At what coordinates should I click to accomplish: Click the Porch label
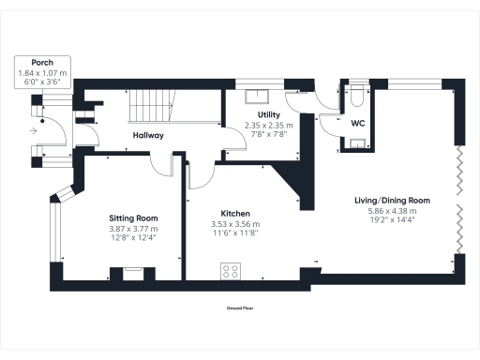[x=41, y=64]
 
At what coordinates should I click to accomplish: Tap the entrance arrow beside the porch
[x=35, y=131]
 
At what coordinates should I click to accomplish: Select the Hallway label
[x=148, y=136]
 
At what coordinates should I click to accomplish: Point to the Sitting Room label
[x=132, y=217]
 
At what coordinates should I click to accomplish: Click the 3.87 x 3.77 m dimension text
[x=133, y=229]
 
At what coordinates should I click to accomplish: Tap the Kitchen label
[x=236, y=213]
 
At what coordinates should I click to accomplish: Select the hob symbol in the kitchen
[x=231, y=271]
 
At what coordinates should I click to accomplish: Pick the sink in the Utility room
[x=255, y=95]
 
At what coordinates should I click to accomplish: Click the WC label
[x=358, y=123]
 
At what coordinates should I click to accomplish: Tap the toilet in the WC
[x=360, y=96]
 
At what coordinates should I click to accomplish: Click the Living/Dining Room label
[x=392, y=201]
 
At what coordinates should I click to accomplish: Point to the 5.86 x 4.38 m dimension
[x=392, y=211]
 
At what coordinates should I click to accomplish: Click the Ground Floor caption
[x=240, y=307]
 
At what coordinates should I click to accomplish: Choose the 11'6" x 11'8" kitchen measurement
[x=236, y=232]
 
